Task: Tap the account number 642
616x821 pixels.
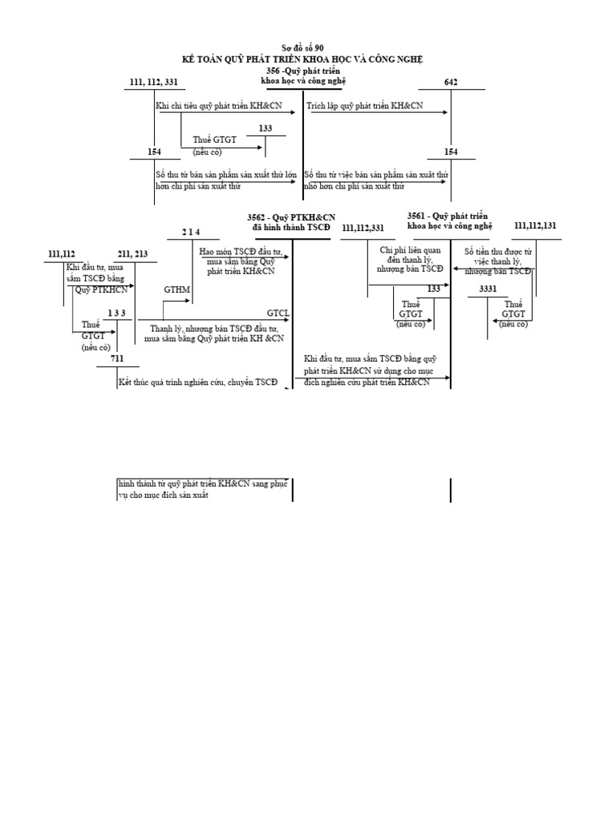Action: coord(450,83)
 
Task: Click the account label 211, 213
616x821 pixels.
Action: coord(132,255)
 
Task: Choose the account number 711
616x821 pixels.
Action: coord(118,358)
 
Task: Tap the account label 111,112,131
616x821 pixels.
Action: coord(535,226)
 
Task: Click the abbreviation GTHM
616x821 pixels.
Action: coord(176,289)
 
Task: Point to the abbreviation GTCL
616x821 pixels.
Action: coord(278,312)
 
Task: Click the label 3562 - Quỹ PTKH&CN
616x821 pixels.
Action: coord(292,217)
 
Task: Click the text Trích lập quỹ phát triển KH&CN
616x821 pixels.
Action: coord(365,106)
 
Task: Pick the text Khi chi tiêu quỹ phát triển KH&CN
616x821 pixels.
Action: coord(216,106)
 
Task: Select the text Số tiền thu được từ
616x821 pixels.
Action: coord(497,251)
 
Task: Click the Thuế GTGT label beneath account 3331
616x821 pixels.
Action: coord(513,309)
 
